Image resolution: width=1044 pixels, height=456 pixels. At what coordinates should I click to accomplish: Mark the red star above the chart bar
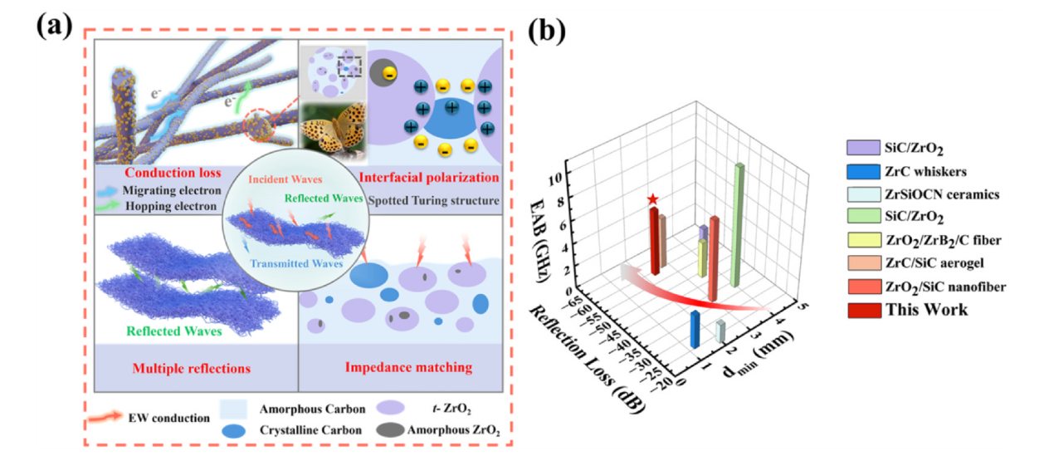click(x=653, y=199)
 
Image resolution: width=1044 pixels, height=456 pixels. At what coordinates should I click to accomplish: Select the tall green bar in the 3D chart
click(x=736, y=224)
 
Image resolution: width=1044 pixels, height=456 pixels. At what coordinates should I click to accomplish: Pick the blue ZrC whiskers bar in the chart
click(x=695, y=330)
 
